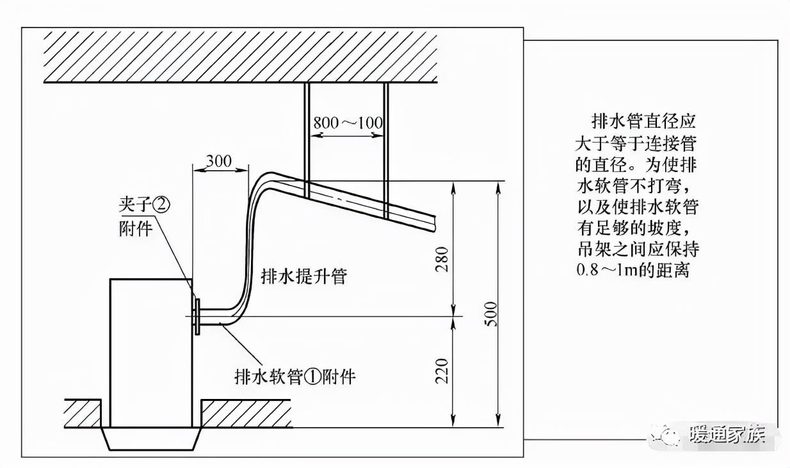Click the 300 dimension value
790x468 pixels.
219,161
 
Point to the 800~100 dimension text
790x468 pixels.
348,123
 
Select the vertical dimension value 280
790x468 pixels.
442,259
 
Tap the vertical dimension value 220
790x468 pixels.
442,371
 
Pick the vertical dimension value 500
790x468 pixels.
491,314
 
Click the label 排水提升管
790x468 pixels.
304,276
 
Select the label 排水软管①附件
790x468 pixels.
295,377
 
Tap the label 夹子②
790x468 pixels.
145,205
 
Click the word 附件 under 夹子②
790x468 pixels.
136,228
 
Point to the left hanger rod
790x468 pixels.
307,140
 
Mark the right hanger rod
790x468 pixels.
386,151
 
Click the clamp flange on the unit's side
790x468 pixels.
197,316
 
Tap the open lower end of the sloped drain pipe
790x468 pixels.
433,224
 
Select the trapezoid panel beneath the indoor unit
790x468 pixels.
150,439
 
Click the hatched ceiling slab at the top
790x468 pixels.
241,57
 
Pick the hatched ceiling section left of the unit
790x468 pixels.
83,414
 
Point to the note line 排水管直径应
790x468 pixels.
643,121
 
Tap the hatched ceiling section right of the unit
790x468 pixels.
246,414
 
